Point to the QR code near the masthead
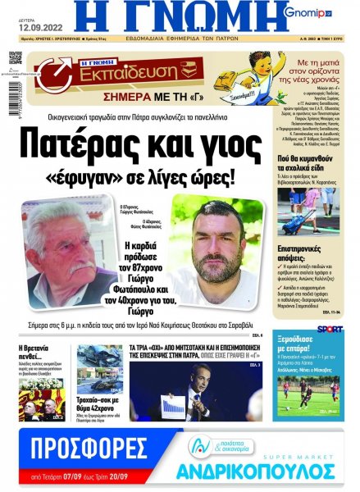pyautogui.click(x=15, y=58)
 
